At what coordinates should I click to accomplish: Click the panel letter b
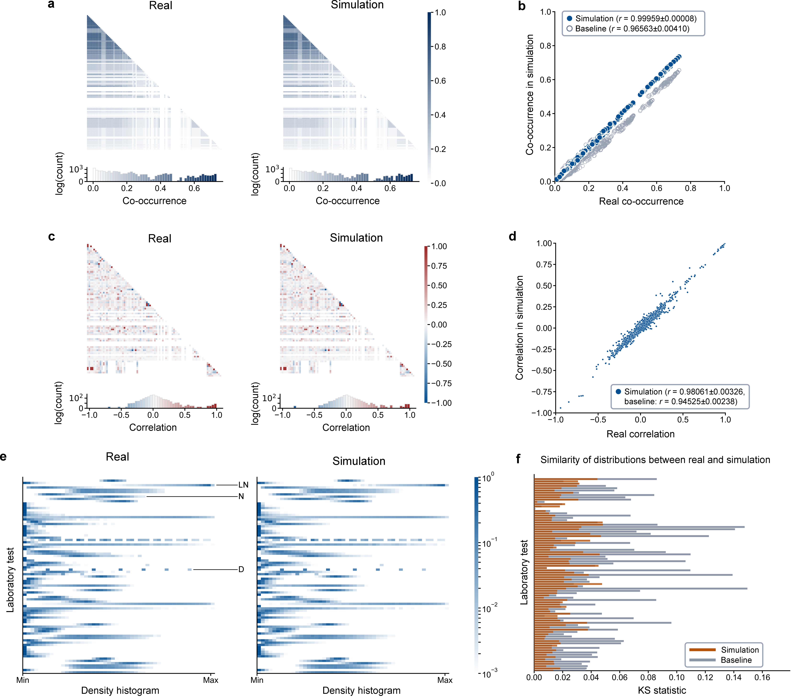pyautogui.click(x=522, y=7)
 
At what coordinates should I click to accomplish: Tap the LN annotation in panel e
pyautogui.click(x=243, y=485)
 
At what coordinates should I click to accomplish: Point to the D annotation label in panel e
pyautogui.click(x=241, y=569)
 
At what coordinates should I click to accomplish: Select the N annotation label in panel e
pyautogui.click(x=241, y=496)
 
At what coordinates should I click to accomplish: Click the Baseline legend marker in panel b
pyautogui.click(x=569, y=29)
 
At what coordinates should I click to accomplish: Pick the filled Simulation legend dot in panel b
pyautogui.click(x=569, y=19)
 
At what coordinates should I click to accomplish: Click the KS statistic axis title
pyautogui.click(x=662, y=690)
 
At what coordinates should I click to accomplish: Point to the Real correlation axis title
pyautogui.click(x=640, y=434)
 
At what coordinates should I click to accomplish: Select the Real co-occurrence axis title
pyautogui.click(x=641, y=201)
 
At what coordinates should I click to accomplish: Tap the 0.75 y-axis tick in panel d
pyautogui.click(x=544, y=265)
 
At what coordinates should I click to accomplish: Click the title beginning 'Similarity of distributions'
pyautogui.click(x=655, y=460)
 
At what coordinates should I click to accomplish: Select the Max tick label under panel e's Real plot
pyautogui.click(x=211, y=680)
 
